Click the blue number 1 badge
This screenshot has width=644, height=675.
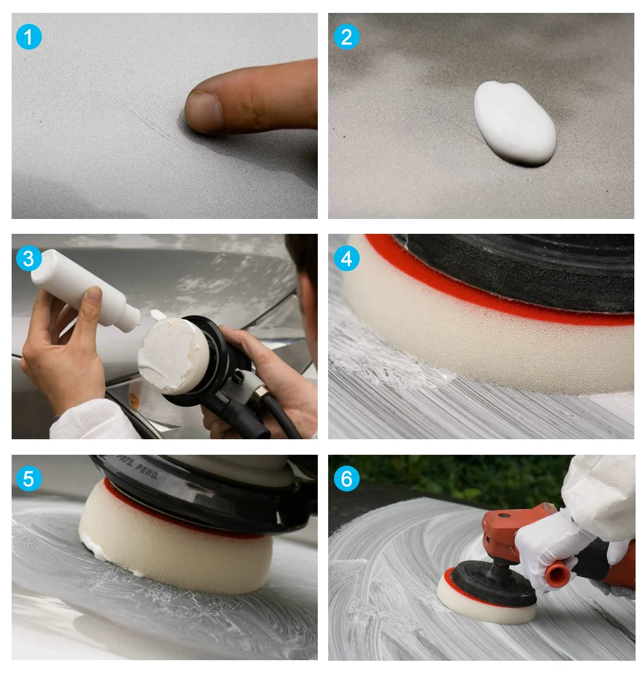28,37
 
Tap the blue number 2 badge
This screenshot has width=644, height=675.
346,37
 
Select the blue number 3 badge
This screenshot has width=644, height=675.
28,258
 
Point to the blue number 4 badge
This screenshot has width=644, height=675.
346,258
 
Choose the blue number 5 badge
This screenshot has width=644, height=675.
28,479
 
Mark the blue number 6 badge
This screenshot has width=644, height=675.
346,479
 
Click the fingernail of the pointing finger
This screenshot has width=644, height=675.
204,110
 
